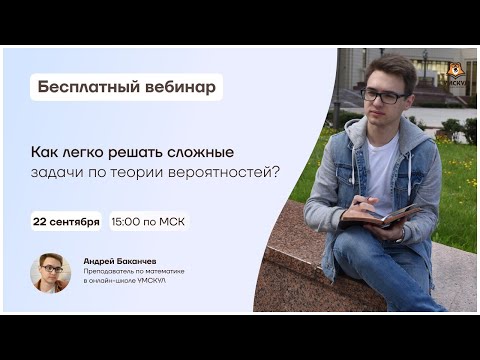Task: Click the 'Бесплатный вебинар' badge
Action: pos(125,87)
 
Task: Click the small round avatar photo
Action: pos(50,273)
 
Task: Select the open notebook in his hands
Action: pos(385,216)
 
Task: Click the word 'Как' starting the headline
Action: pos(40,152)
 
